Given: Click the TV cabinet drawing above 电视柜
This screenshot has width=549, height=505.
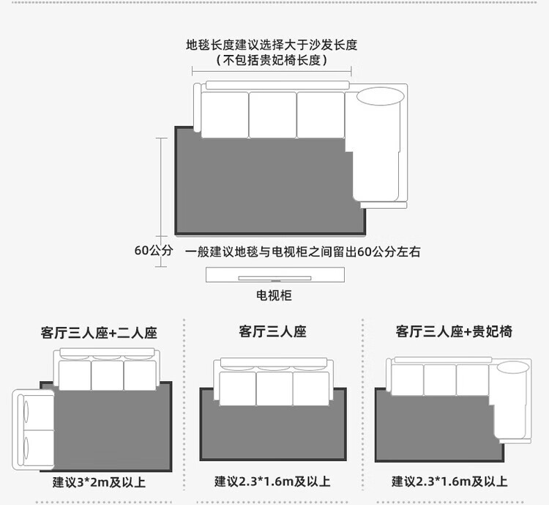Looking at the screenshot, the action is [x=275, y=275].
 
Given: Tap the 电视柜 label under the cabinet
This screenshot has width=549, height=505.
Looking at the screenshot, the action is [x=274, y=295].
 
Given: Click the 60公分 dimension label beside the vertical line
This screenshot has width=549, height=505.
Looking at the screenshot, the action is [x=154, y=251].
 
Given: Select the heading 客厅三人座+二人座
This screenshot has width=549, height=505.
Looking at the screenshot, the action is [x=99, y=333].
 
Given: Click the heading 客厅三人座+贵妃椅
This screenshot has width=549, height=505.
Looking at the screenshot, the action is [x=454, y=331].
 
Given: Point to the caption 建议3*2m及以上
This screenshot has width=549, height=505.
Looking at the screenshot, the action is [x=99, y=482].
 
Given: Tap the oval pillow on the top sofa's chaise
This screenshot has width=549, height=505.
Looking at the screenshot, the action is [x=381, y=96].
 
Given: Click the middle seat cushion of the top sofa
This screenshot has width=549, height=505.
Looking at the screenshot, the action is [x=273, y=115].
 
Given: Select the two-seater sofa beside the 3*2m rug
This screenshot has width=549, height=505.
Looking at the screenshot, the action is [x=33, y=430].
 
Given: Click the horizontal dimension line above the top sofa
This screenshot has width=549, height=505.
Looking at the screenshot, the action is [x=272, y=71].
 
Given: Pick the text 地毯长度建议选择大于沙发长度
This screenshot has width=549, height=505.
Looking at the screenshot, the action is [x=272, y=45].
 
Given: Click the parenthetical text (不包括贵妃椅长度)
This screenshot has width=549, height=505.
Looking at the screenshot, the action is [x=272, y=60].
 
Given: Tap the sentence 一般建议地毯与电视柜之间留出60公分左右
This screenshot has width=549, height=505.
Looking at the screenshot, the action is [x=303, y=252].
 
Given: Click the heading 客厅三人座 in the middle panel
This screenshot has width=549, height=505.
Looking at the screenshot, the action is [x=273, y=331].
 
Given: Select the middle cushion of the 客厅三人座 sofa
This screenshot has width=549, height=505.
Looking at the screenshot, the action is [x=274, y=388].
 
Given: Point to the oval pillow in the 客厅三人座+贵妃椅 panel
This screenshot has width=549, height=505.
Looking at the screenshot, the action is [x=513, y=368].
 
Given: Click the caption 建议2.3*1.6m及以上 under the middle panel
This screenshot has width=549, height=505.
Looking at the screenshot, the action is [x=272, y=482].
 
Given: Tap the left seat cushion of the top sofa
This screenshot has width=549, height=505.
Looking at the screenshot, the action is [x=225, y=115].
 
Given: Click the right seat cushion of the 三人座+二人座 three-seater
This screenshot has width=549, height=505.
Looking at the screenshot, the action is [x=140, y=375].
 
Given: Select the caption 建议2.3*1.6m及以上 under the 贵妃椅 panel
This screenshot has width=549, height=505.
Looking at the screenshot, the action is [x=449, y=482].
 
